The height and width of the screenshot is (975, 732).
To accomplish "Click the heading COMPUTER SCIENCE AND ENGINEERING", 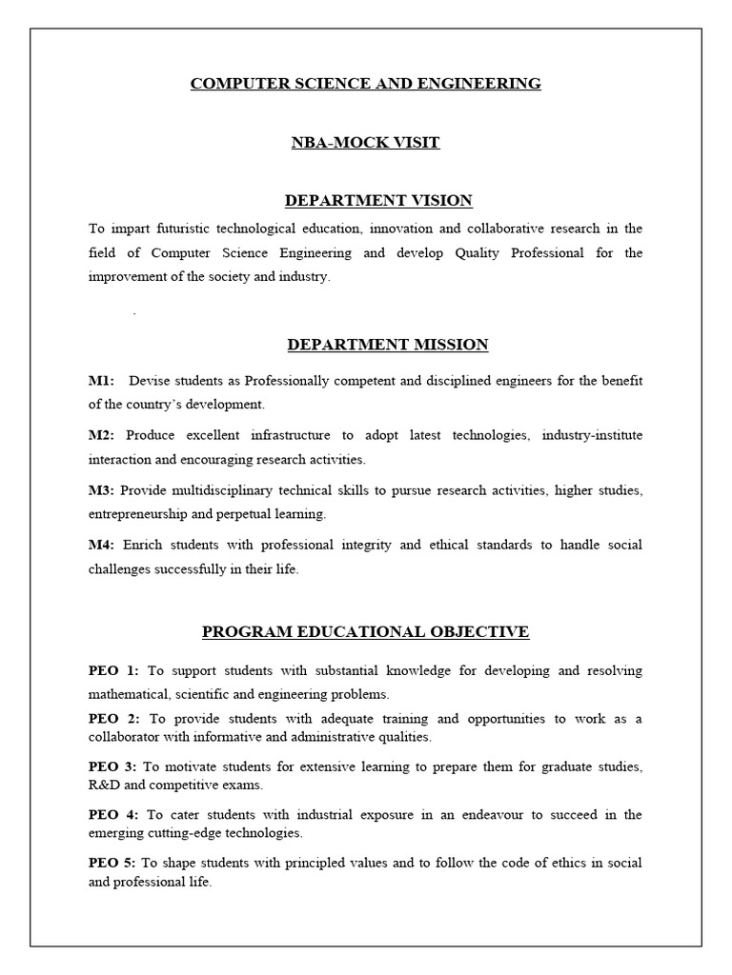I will point(365,84).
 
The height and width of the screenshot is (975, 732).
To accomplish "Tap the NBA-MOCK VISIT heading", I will point(365,143).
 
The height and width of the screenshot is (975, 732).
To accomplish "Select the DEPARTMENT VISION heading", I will point(378,200).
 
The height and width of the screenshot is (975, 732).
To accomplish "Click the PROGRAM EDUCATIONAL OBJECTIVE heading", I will point(365,631).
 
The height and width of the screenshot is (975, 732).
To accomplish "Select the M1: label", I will point(101,381).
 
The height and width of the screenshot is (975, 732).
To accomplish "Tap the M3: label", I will point(101,490).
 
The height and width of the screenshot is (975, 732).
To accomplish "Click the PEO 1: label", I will point(113,671).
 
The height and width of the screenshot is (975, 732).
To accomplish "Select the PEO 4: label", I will point(113,815).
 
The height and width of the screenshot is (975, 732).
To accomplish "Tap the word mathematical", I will point(128,694).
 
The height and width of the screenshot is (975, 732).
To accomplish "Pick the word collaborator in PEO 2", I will point(125,737).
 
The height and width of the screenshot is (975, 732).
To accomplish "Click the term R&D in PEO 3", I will point(105,786).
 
